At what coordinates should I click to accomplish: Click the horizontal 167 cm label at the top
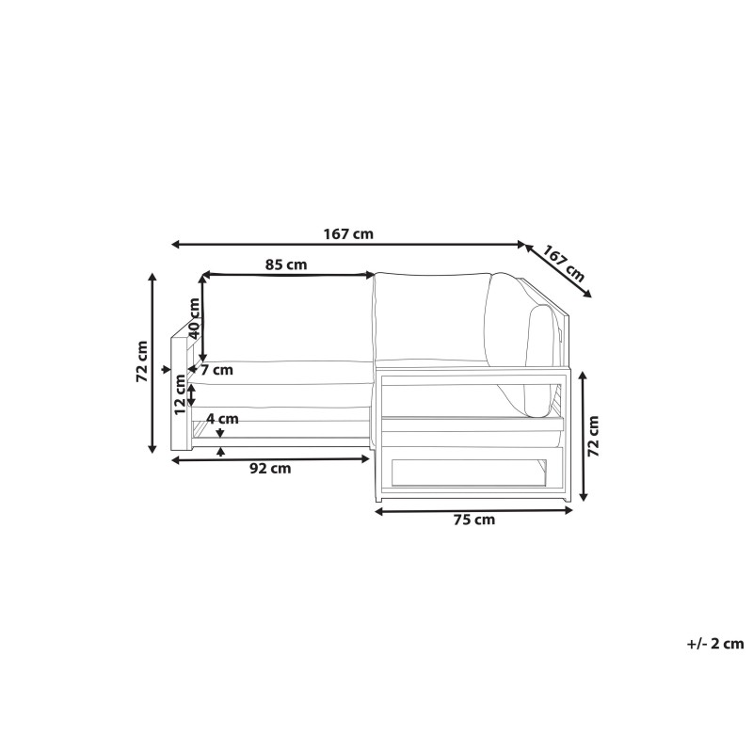tap(348, 234)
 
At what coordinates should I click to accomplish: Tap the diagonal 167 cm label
tap(564, 264)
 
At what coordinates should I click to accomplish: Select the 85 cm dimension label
tap(286, 264)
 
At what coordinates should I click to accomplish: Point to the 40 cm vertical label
tap(194, 318)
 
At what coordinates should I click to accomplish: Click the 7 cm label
tap(216, 370)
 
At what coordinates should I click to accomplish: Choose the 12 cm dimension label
tap(180, 394)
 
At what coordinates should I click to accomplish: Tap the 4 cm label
tap(222, 419)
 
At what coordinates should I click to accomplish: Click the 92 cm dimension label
tap(270, 468)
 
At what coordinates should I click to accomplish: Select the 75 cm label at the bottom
tap(474, 520)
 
